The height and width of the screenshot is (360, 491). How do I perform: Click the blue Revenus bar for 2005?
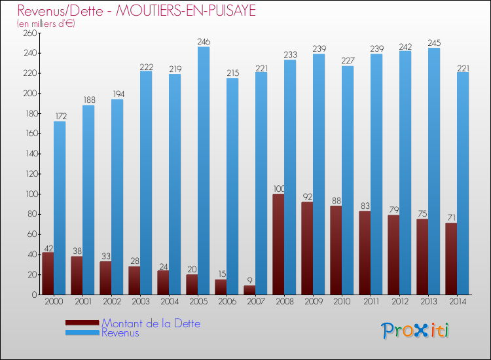tap(204, 170)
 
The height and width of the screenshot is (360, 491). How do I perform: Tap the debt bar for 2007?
tap(249, 290)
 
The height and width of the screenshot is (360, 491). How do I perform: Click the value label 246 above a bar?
tap(204, 42)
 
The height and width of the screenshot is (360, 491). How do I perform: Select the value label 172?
tap(60, 117)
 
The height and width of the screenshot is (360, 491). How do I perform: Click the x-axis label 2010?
tap(342, 301)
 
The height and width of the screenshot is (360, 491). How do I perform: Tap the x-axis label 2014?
tap(457, 301)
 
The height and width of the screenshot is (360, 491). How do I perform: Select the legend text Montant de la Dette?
tap(151, 323)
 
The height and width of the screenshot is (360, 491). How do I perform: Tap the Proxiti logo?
tap(415, 330)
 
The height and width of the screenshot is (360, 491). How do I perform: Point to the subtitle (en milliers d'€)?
tap(46, 24)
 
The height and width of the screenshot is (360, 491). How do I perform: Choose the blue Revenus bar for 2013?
tap(434, 171)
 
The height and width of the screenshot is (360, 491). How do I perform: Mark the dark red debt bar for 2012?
tap(393, 255)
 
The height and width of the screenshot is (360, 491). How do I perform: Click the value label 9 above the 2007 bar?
tap(249, 281)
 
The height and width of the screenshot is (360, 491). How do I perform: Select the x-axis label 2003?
tap(140, 301)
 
